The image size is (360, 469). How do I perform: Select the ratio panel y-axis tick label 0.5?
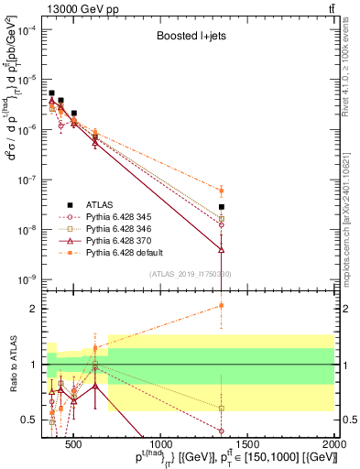[x=32, y=420]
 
